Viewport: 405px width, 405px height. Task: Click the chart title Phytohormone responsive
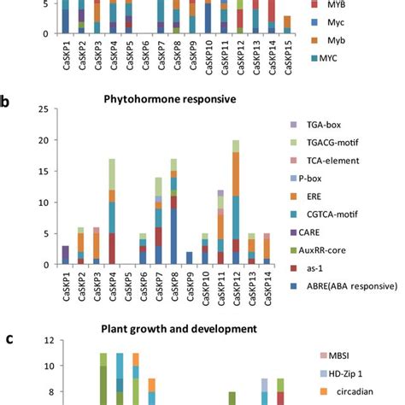(170, 99)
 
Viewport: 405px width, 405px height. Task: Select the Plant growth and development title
(179, 329)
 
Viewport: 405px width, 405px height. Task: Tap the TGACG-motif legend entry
(325, 143)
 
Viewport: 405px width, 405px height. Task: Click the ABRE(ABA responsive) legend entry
(343, 286)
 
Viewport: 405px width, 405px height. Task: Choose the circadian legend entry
(347, 391)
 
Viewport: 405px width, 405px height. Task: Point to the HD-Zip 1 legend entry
(341, 373)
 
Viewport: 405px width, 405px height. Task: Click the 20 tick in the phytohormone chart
(44, 140)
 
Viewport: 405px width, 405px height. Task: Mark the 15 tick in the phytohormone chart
(44, 172)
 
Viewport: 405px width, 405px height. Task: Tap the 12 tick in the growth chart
(49, 340)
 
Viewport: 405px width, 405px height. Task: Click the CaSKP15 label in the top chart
(288, 57)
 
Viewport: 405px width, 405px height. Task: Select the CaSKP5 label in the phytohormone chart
(128, 286)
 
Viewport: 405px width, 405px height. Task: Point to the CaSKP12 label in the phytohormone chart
(237, 289)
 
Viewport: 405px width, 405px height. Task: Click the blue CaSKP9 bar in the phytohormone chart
(190, 258)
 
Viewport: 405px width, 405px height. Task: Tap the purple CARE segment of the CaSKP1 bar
(66, 252)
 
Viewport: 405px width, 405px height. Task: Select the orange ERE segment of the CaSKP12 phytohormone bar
(236, 174)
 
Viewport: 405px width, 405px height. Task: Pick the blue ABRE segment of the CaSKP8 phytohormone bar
(173, 237)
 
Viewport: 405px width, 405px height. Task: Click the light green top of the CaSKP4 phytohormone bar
(112, 174)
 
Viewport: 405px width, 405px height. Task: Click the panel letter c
(10, 339)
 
